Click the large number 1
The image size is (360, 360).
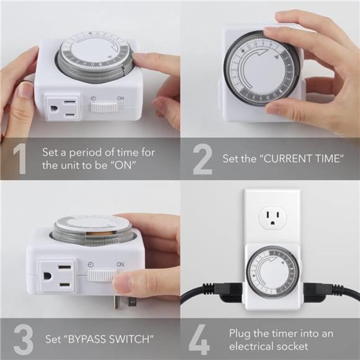click(19, 159)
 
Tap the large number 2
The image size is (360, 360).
click(202, 159)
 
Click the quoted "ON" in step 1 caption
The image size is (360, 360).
click(125, 166)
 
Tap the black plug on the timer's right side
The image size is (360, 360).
click(323, 291)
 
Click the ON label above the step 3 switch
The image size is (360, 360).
click(120, 263)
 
